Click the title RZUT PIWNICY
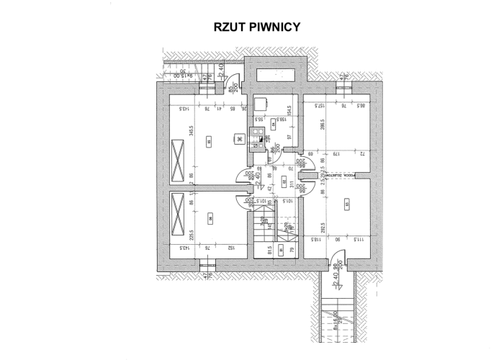(x=251, y=27)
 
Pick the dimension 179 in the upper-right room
(x=334, y=153)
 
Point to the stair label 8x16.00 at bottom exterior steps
(x=336, y=319)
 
